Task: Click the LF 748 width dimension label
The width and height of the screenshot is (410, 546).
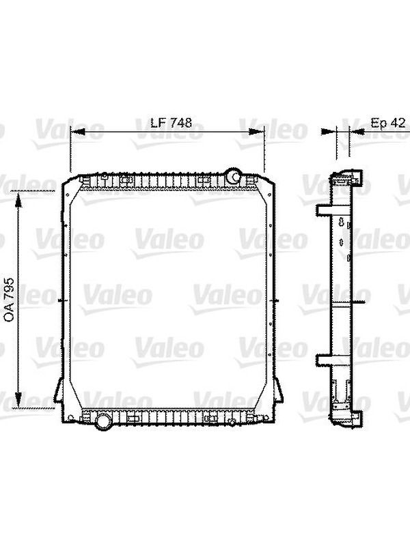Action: pos(172,123)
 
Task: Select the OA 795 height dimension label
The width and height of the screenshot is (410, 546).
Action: pos(9,299)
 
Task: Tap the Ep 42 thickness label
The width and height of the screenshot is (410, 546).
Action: pos(388,123)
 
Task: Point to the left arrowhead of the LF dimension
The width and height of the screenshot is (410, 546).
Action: pos(78,132)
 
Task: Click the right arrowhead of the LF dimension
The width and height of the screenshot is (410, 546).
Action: pos(257,132)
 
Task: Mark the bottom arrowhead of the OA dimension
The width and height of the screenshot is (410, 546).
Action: pos(18,400)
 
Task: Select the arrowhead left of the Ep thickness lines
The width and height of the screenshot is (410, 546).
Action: pos(329,131)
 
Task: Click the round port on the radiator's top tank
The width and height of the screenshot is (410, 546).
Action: pos(232,176)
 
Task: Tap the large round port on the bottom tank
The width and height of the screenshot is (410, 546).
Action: pos(104,421)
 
